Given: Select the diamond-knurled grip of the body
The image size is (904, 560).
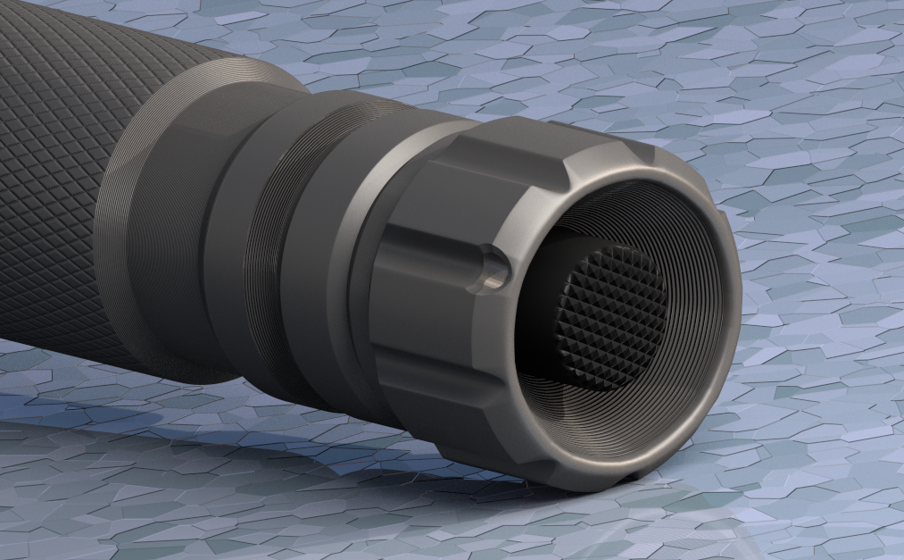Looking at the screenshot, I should click(x=54, y=179).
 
